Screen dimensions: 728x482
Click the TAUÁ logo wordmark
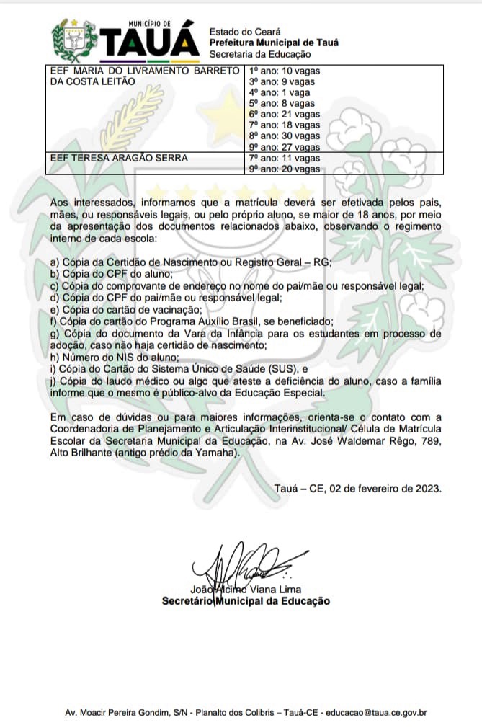pyautogui.click(x=151, y=43)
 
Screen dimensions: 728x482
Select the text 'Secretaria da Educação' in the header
pyautogui.click(x=259, y=54)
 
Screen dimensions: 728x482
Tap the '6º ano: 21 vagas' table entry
pyautogui.click(x=284, y=115)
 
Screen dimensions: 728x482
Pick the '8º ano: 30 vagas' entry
pyautogui.click(x=284, y=136)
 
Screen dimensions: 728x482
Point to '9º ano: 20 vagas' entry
pyautogui.click(x=284, y=169)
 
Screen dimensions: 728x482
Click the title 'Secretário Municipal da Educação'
pyautogui.click(x=246, y=600)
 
